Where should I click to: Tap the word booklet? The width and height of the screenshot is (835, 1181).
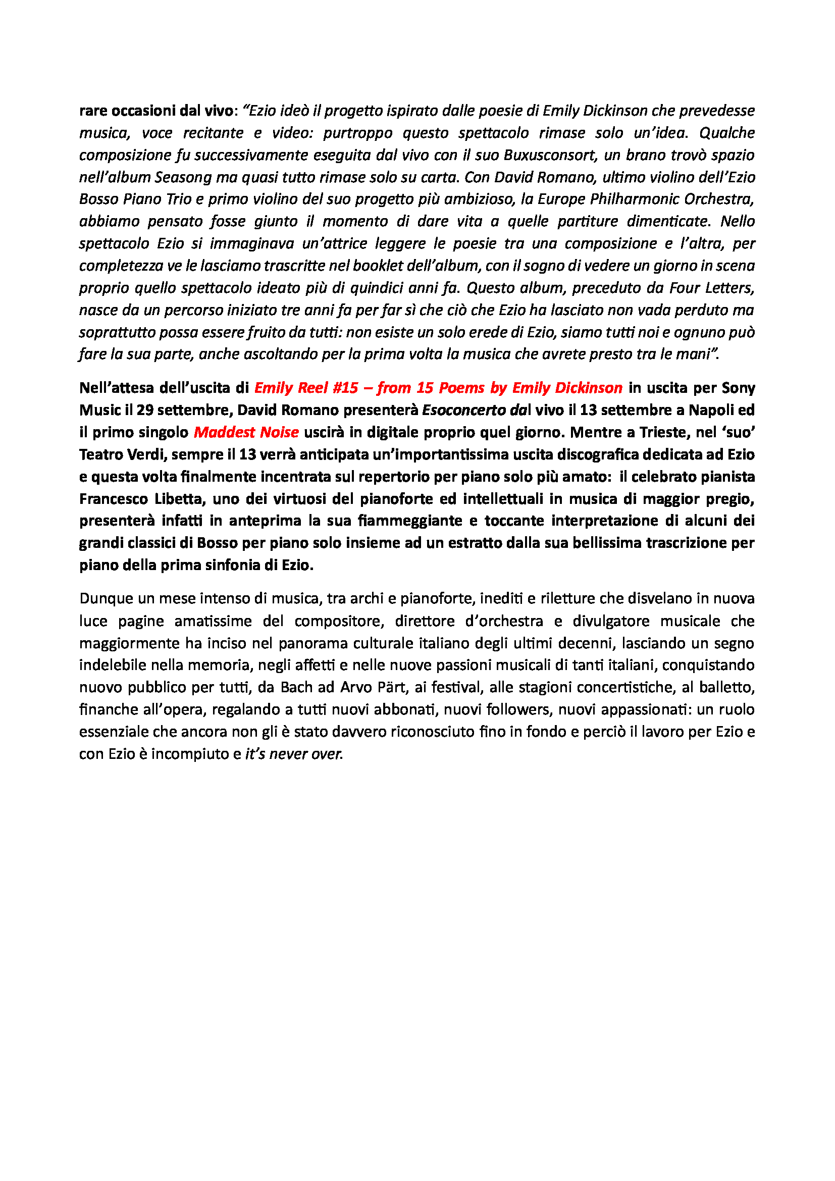click(377, 266)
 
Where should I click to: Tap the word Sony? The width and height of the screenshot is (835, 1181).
click(739, 388)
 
